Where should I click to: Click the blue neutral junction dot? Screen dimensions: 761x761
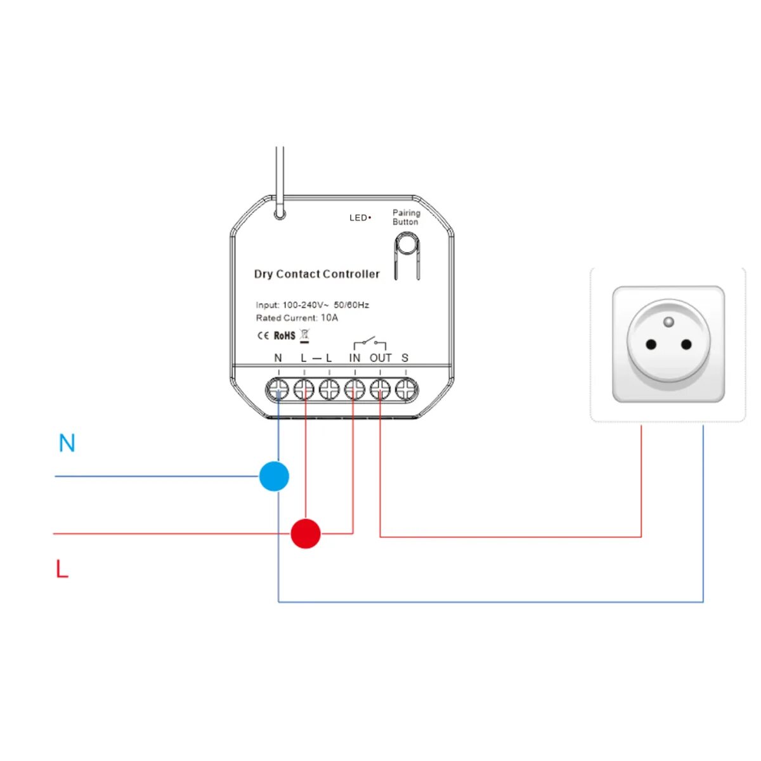[x=274, y=476]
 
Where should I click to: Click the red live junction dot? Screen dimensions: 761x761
[x=306, y=533]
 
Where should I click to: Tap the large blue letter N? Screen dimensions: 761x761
[x=67, y=443]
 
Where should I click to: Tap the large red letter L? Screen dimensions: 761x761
[x=62, y=569]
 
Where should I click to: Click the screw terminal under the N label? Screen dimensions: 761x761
[x=278, y=389]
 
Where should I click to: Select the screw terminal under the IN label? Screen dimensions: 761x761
[x=354, y=389]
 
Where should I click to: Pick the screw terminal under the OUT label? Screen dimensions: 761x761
[x=380, y=389]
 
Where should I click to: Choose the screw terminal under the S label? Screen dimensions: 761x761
[x=406, y=389]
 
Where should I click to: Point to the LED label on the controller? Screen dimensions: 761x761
[x=359, y=218]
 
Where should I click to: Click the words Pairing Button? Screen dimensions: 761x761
[x=406, y=217]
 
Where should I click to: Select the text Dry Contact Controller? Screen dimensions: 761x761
[x=316, y=274]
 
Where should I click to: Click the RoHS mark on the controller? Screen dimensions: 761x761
[x=285, y=335]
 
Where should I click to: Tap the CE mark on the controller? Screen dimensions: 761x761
[x=263, y=335]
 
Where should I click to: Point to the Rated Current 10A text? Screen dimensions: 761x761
[x=297, y=318]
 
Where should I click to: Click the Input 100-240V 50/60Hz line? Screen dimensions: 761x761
[x=312, y=305]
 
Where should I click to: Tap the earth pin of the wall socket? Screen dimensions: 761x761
[x=668, y=322]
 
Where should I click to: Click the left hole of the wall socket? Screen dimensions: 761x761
[x=651, y=345]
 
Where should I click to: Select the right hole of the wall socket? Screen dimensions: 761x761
[x=686, y=345]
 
